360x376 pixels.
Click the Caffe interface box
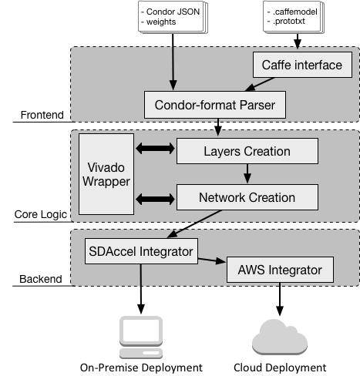pyautogui.click(x=302, y=65)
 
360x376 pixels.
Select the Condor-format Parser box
pyautogui.click(x=215, y=105)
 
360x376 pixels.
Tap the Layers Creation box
pyautogui.click(x=247, y=151)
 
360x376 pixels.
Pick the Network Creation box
pyautogui.click(x=247, y=197)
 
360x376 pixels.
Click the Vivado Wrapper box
pyautogui.click(x=106, y=174)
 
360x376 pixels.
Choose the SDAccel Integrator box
pyautogui.click(x=141, y=251)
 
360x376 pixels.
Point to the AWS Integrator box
pyautogui.click(x=280, y=270)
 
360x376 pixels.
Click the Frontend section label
pyautogui.click(x=42, y=115)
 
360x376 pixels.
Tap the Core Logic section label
pyautogui.click(x=41, y=214)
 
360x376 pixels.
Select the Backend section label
pyautogui.click(x=41, y=279)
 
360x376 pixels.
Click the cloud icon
pyautogui.click(x=280, y=337)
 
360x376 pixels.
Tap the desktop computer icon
pyautogui.click(x=141, y=337)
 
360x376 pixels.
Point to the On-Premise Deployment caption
pyautogui.click(x=141, y=368)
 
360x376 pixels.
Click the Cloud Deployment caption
pyautogui.click(x=280, y=368)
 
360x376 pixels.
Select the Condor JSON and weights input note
pyautogui.click(x=173, y=17)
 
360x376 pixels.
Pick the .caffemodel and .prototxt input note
pyautogui.click(x=294, y=17)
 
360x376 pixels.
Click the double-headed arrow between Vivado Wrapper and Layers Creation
pyautogui.click(x=155, y=149)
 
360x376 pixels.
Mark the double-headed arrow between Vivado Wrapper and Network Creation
pyautogui.click(x=155, y=199)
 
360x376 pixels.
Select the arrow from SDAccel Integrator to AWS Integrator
pyautogui.click(x=212, y=260)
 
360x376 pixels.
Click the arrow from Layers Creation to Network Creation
pyautogui.click(x=247, y=173)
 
